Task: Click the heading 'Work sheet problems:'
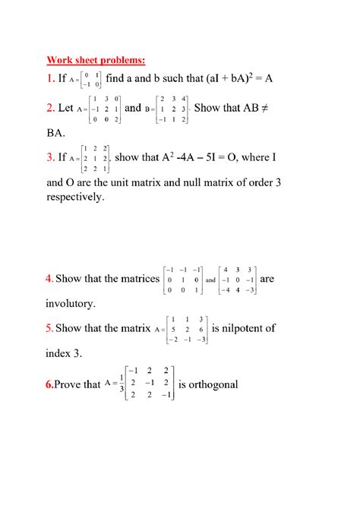(x=96, y=59)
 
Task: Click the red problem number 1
(x=49, y=79)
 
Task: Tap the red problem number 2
(x=50, y=108)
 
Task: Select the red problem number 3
(x=50, y=158)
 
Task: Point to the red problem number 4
(x=49, y=279)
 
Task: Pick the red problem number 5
(x=49, y=329)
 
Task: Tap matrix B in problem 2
(x=172, y=109)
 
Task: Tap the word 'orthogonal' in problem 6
(x=208, y=384)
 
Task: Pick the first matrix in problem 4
(x=182, y=280)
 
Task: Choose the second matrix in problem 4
(x=238, y=280)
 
